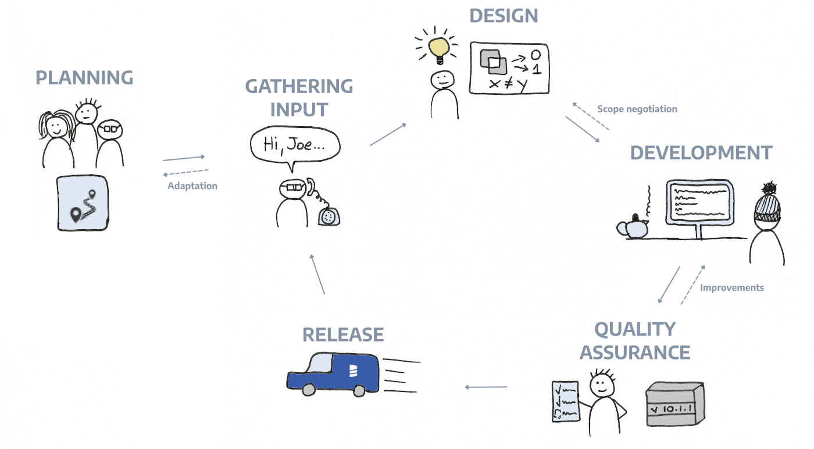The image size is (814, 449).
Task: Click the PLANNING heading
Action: pos(84,77)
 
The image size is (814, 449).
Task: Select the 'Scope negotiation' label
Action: pos(637,109)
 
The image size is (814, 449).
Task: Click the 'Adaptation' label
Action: pos(192,186)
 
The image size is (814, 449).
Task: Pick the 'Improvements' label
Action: pos(731,287)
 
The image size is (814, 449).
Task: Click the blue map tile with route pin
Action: pos(82,203)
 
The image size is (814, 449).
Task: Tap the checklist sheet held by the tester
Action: pos(565,401)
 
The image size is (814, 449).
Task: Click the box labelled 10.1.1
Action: pos(676,405)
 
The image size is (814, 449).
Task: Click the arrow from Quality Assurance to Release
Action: pos(485,387)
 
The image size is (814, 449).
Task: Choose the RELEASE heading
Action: pos(343,334)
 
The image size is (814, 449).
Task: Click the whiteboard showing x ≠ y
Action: pos(509,68)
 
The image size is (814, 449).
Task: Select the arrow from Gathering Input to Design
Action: pos(388,134)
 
